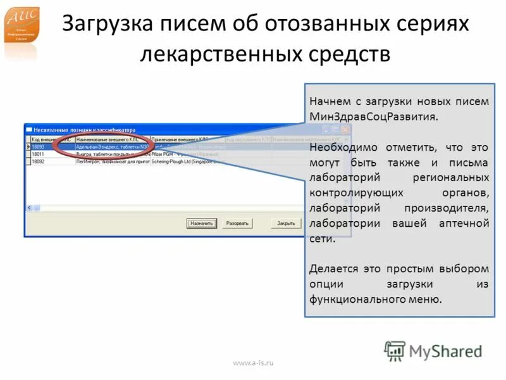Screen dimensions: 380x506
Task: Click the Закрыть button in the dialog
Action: [286, 224]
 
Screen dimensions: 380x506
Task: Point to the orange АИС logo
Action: [22, 25]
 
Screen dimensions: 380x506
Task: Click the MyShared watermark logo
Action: [433, 351]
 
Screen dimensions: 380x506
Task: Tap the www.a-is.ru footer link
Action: [254, 363]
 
